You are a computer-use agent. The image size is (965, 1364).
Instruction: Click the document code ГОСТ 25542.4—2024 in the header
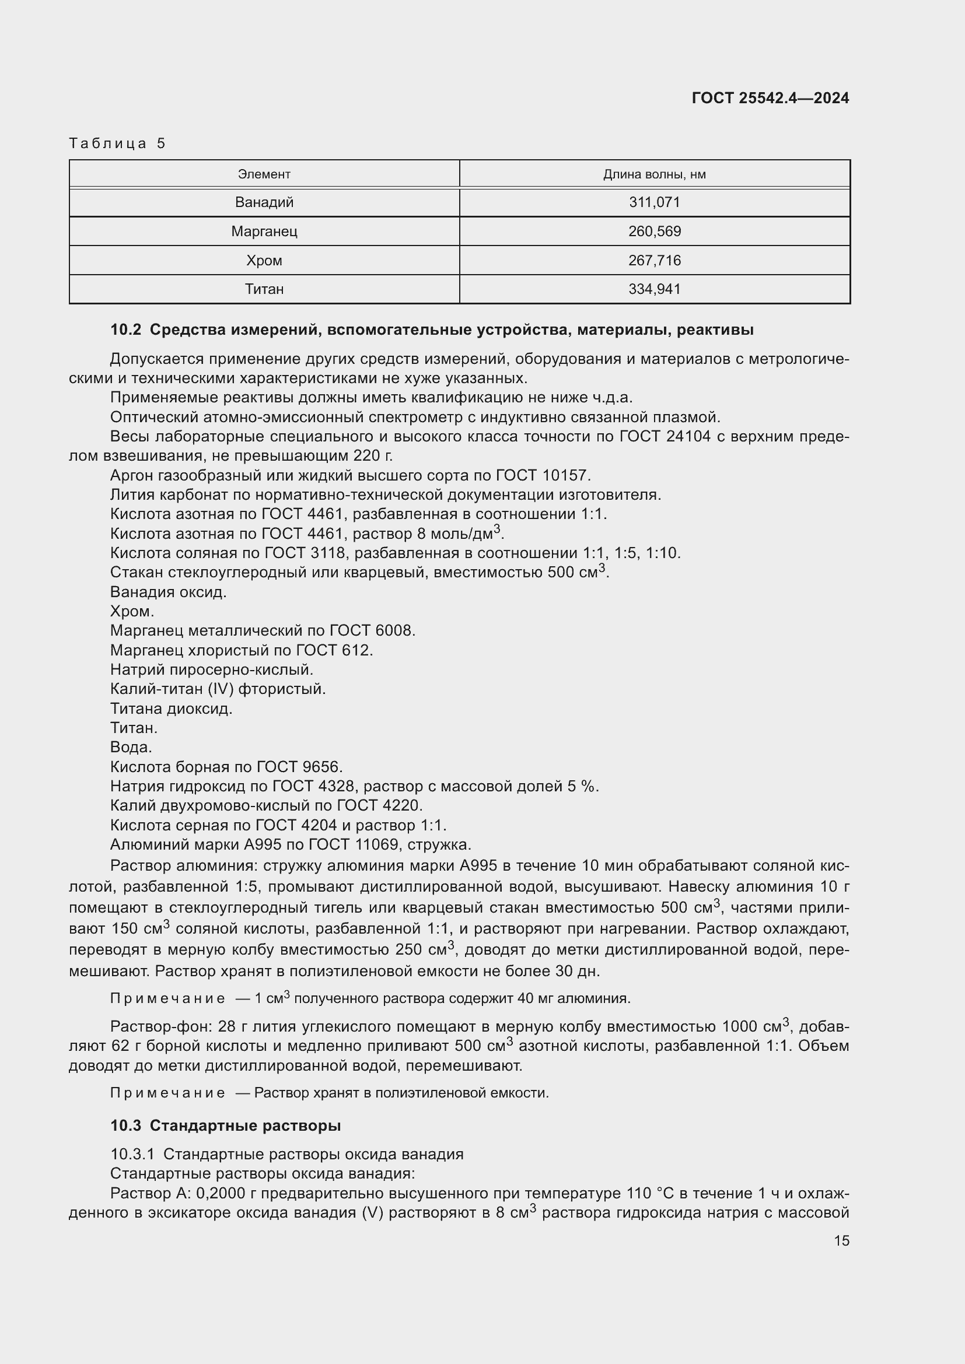coord(770,98)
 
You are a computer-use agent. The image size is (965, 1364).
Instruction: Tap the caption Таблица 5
coord(117,143)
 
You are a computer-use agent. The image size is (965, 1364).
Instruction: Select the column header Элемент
coord(264,174)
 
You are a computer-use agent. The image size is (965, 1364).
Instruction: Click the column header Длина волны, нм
coord(654,174)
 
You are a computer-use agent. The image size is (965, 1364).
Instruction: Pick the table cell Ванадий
coord(264,202)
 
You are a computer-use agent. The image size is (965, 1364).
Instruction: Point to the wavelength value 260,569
coord(654,231)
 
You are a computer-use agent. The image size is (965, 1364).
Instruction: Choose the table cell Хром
coord(264,260)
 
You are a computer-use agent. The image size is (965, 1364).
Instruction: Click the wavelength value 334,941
coord(654,289)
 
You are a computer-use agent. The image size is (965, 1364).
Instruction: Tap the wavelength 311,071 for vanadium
coord(654,202)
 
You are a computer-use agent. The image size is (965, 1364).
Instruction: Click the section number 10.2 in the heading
coord(125,329)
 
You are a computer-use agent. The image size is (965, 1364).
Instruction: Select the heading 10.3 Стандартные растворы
coord(226,1125)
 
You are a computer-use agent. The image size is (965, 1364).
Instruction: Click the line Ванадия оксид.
coord(168,592)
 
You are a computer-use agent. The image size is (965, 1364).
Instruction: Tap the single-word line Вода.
coord(131,747)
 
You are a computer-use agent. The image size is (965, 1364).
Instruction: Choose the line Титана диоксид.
coord(171,708)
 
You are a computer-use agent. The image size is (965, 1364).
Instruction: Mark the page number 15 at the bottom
coord(841,1240)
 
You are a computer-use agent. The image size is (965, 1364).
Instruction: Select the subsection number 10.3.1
coord(132,1154)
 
